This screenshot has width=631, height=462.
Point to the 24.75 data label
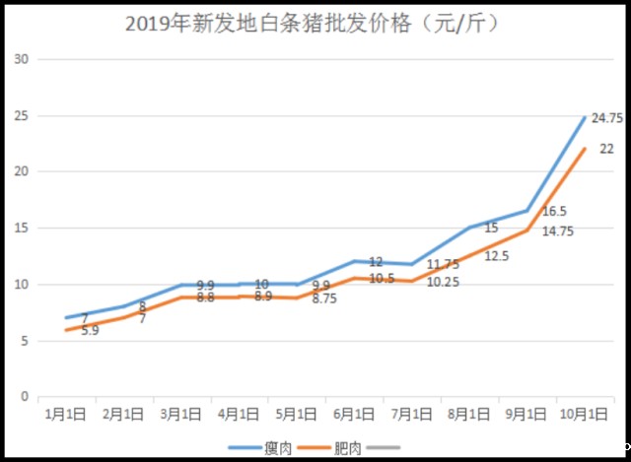[606, 119]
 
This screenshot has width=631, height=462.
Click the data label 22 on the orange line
[606, 149]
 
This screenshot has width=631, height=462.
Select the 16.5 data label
[555, 212]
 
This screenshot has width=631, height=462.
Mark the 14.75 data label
[558, 231]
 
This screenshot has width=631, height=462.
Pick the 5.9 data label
[89, 331]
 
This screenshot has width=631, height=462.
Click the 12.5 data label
[497, 256]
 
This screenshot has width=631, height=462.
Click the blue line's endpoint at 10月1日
[586, 117]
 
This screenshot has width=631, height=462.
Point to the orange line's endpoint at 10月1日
[586, 149]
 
